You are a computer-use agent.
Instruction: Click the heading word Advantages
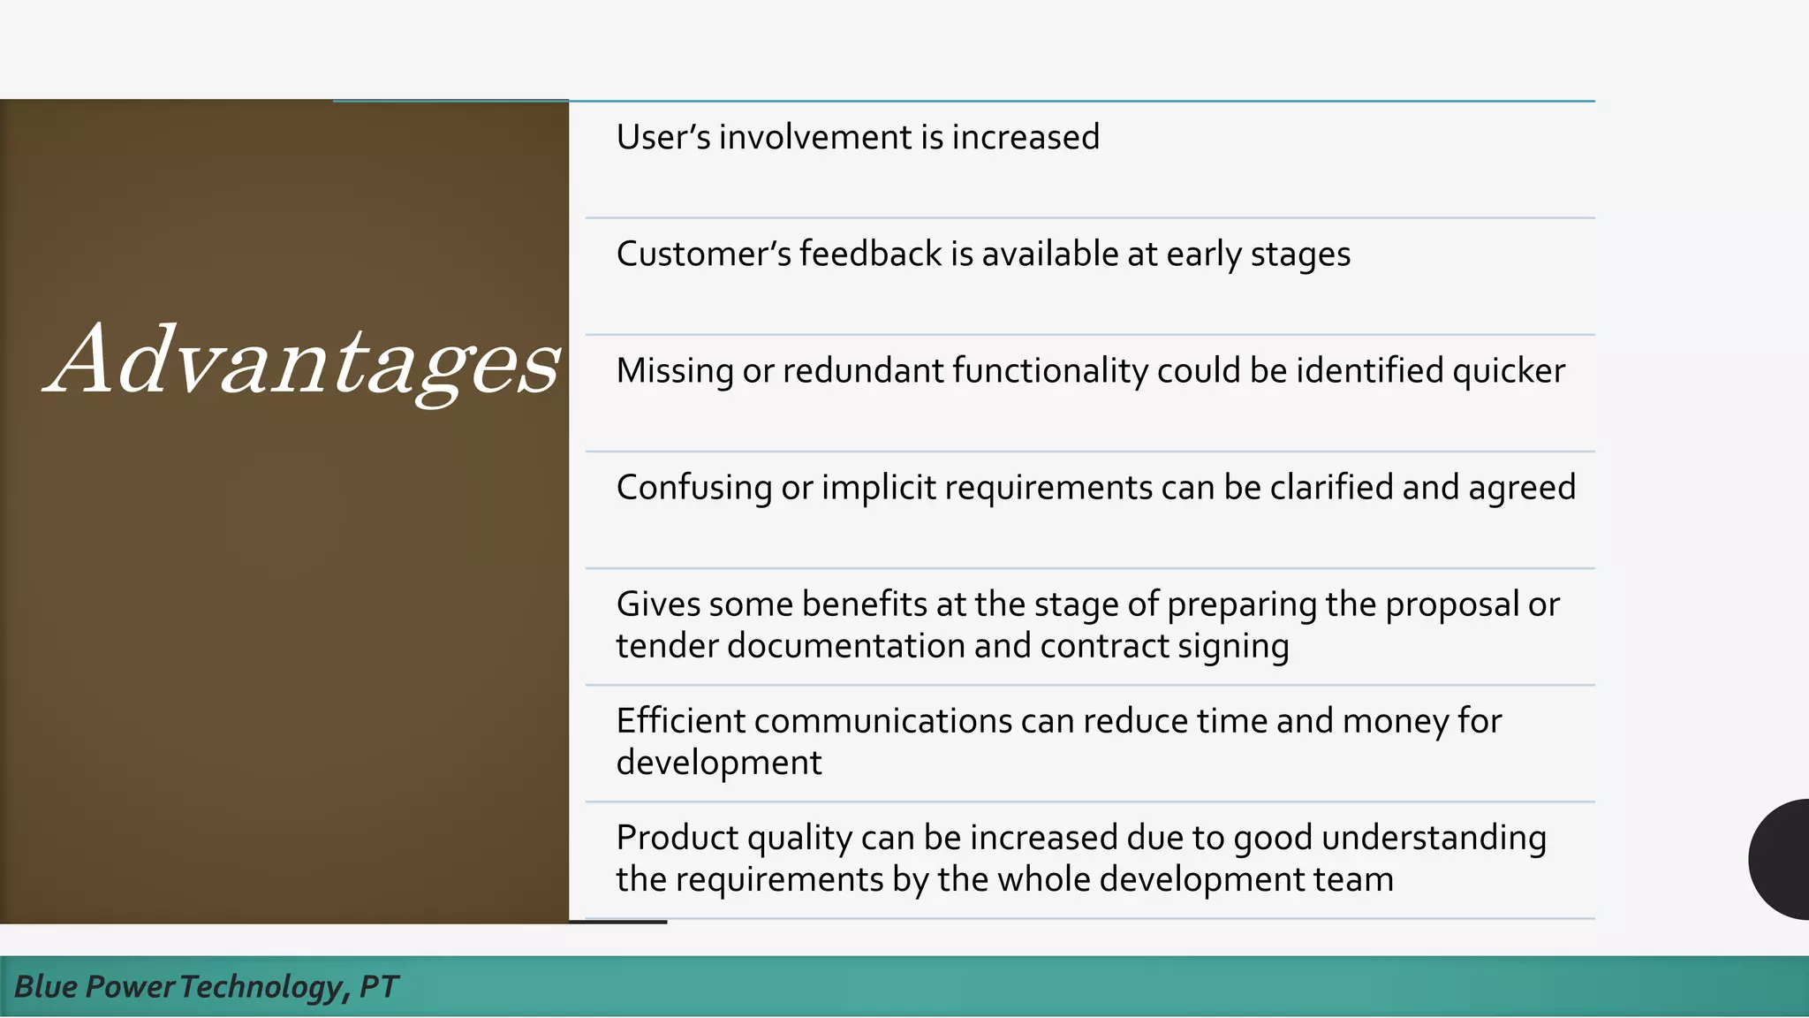(303, 361)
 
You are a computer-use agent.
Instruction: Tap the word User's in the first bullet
(662, 137)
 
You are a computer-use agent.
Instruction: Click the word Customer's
(702, 254)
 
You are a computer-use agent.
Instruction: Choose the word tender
(667, 646)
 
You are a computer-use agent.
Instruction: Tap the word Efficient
(680, 720)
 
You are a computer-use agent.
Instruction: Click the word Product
(677, 837)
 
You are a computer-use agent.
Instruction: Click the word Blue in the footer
(45, 986)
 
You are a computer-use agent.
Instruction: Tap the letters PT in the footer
(379, 986)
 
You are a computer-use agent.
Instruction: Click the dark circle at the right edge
(1783, 859)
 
